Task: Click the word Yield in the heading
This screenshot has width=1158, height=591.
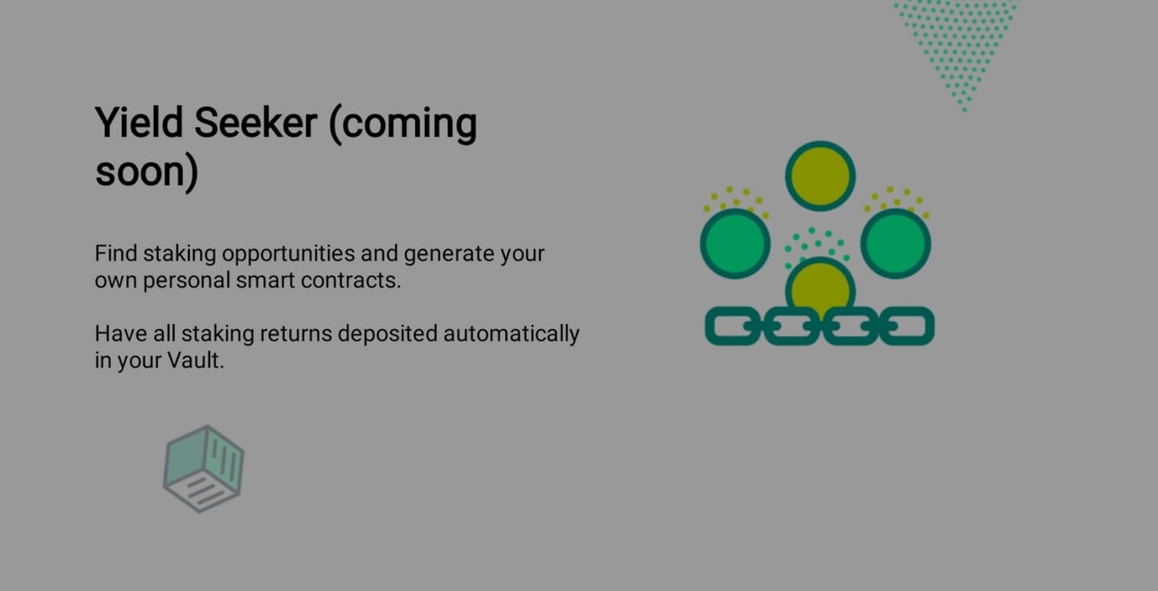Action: point(138,123)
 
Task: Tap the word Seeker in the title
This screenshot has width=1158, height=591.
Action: point(255,123)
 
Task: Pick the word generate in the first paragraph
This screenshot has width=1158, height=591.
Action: point(449,254)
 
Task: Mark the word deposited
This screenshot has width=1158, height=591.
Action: point(387,334)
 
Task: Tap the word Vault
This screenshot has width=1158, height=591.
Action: point(195,360)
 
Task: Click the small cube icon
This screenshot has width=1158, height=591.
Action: point(203,468)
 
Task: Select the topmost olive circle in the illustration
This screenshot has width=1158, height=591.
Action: point(820,176)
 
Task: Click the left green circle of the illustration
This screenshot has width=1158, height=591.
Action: point(735,243)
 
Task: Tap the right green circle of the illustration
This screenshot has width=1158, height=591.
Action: point(896,243)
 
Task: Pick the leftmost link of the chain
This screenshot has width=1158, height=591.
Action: point(732,326)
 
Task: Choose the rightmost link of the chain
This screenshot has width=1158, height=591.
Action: point(908,326)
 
